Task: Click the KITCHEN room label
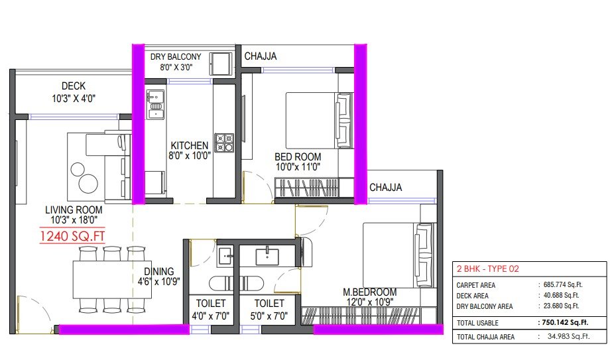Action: [x=190, y=146]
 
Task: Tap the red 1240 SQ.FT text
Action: [x=72, y=236]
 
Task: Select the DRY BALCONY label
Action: [x=176, y=57]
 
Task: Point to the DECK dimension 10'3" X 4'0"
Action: [x=74, y=99]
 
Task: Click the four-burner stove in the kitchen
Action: [x=225, y=143]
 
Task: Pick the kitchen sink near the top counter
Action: [x=155, y=104]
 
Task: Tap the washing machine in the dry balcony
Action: [x=221, y=64]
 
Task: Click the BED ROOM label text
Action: [x=298, y=157]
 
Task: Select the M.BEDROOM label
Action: [x=369, y=292]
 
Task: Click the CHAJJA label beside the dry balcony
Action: [x=261, y=56]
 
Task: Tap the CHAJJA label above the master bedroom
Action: [x=385, y=188]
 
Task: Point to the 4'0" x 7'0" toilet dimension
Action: [x=210, y=316]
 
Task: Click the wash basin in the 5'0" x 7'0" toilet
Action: [x=267, y=257]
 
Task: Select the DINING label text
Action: [x=158, y=271]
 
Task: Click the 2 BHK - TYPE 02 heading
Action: [x=488, y=269]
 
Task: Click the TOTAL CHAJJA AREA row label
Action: [x=485, y=337]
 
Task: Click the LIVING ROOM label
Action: [x=74, y=210]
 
